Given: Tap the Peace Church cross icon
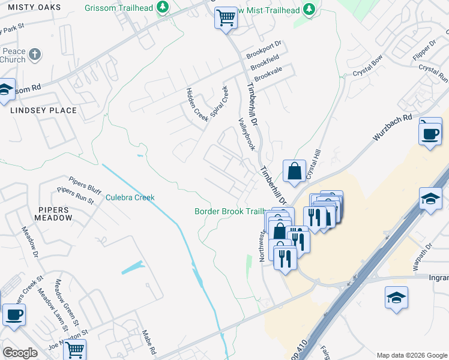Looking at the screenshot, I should pyautogui.click(x=35, y=55).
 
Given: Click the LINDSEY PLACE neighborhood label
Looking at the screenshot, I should pyautogui.click(x=43, y=110).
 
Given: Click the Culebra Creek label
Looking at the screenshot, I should pyautogui.click(x=130, y=197).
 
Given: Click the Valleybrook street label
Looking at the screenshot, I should pyautogui.click(x=247, y=133).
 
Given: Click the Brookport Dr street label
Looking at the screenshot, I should pyautogui.click(x=264, y=50).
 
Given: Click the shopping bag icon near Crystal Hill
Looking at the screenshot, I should pyautogui.click(x=295, y=171).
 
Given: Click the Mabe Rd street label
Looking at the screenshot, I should pyautogui.click(x=149, y=341).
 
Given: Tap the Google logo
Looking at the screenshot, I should pyautogui.click(x=20, y=353).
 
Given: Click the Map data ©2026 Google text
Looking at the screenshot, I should pyautogui.click(x=411, y=355).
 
